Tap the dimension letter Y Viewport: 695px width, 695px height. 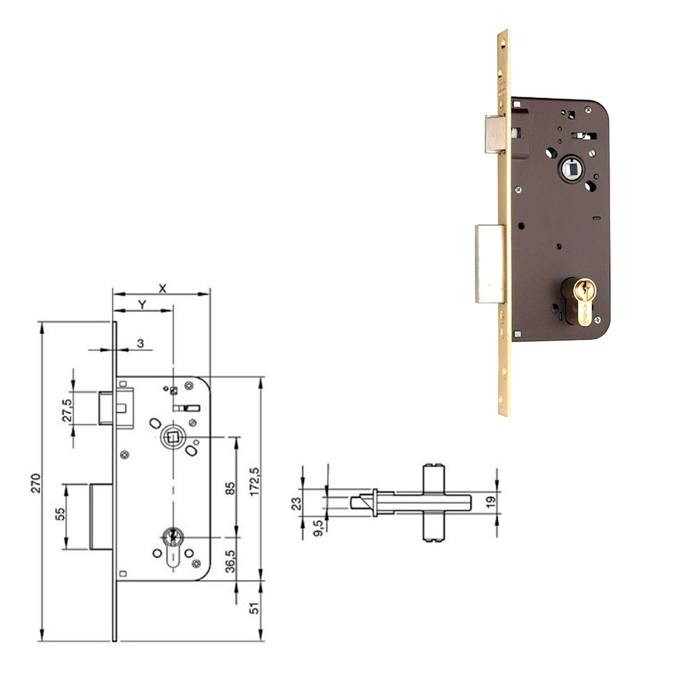[142, 304]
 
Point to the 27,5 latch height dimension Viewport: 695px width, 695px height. [67, 410]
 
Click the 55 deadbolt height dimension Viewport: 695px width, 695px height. [60, 514]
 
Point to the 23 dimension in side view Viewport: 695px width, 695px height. [296, 501]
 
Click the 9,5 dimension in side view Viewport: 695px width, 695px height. [318, 527]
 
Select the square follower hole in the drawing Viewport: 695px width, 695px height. [170, 437]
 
